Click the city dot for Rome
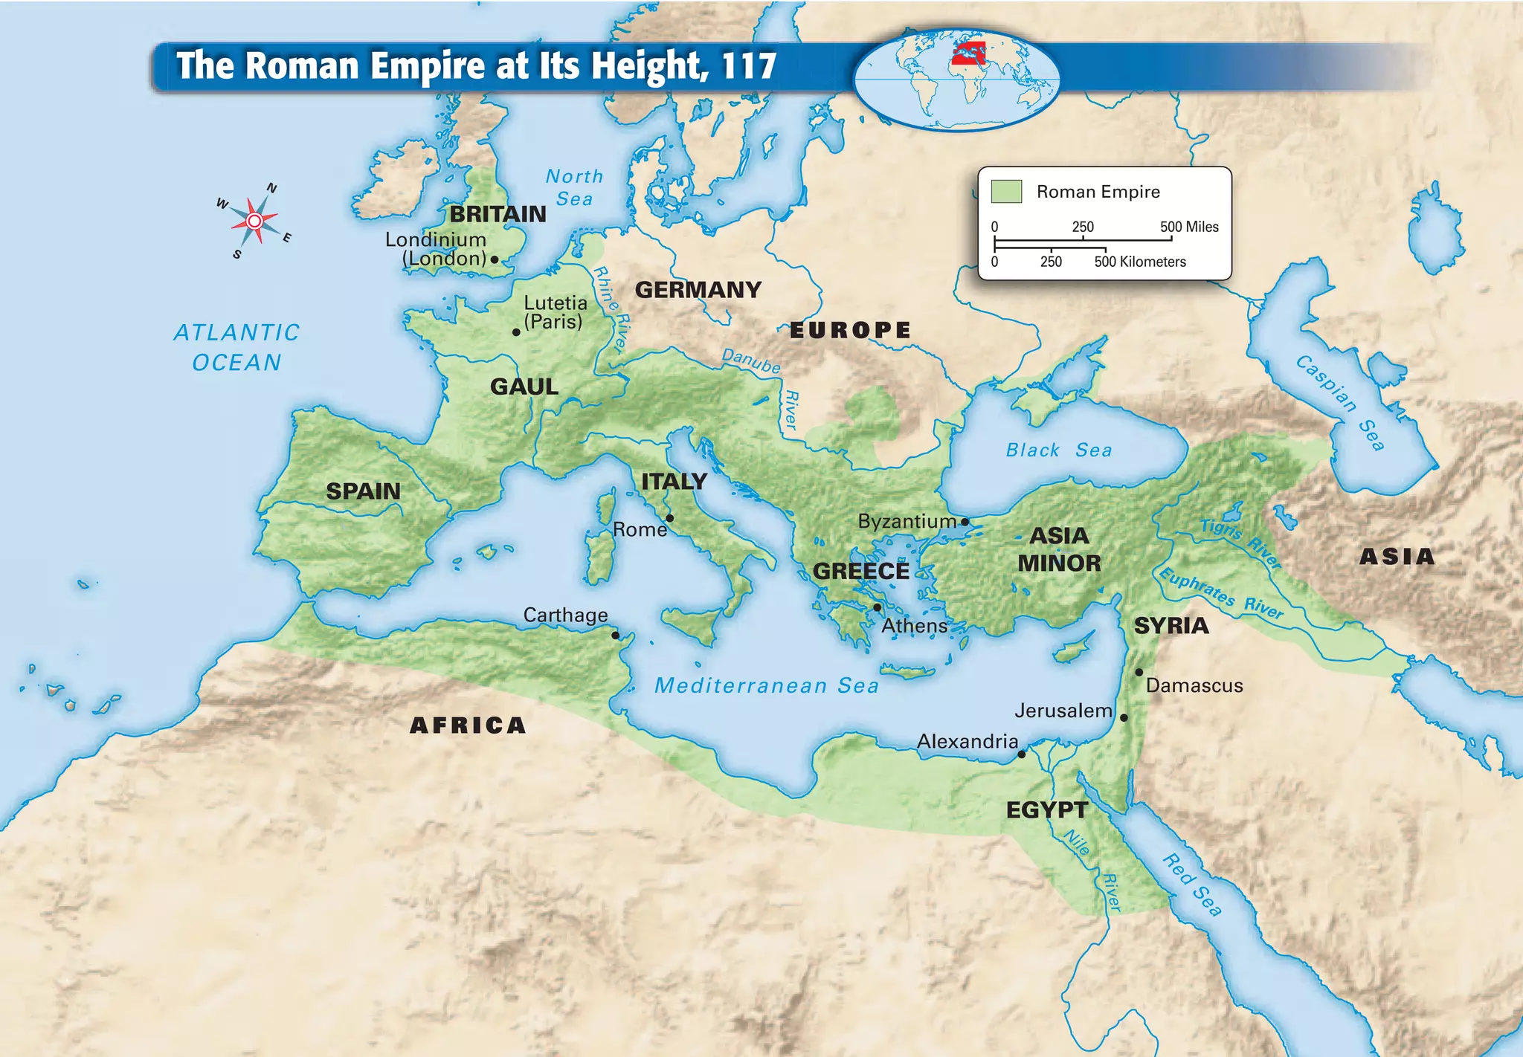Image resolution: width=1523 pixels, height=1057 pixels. [x=669, y=518]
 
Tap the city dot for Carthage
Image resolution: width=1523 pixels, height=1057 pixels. [x=615, y=635]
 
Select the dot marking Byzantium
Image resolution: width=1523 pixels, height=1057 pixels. [x=965, y=522]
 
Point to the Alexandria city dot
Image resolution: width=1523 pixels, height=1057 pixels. [x=1021, y=754]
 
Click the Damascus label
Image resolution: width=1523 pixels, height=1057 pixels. [x=1194, y=685]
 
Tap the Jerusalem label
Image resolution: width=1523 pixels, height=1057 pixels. [x=1063, y=711]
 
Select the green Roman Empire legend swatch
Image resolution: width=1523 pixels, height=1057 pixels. [x=1006, y=191]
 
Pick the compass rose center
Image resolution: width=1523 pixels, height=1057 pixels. [x=254, y=221]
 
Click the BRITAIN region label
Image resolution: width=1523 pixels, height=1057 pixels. [x=498, y=214]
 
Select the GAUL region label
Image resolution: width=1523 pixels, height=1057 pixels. [x=524, y=387]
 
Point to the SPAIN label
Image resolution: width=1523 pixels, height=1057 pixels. [x=363, y=491]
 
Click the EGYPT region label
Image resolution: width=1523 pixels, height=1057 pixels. [x=1046, y=809]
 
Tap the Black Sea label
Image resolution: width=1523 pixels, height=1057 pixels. [x=1058, y=450]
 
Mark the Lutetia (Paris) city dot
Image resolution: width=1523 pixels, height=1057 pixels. [x=516, y=332]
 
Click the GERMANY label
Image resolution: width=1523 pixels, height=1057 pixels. [x=698, y=290]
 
